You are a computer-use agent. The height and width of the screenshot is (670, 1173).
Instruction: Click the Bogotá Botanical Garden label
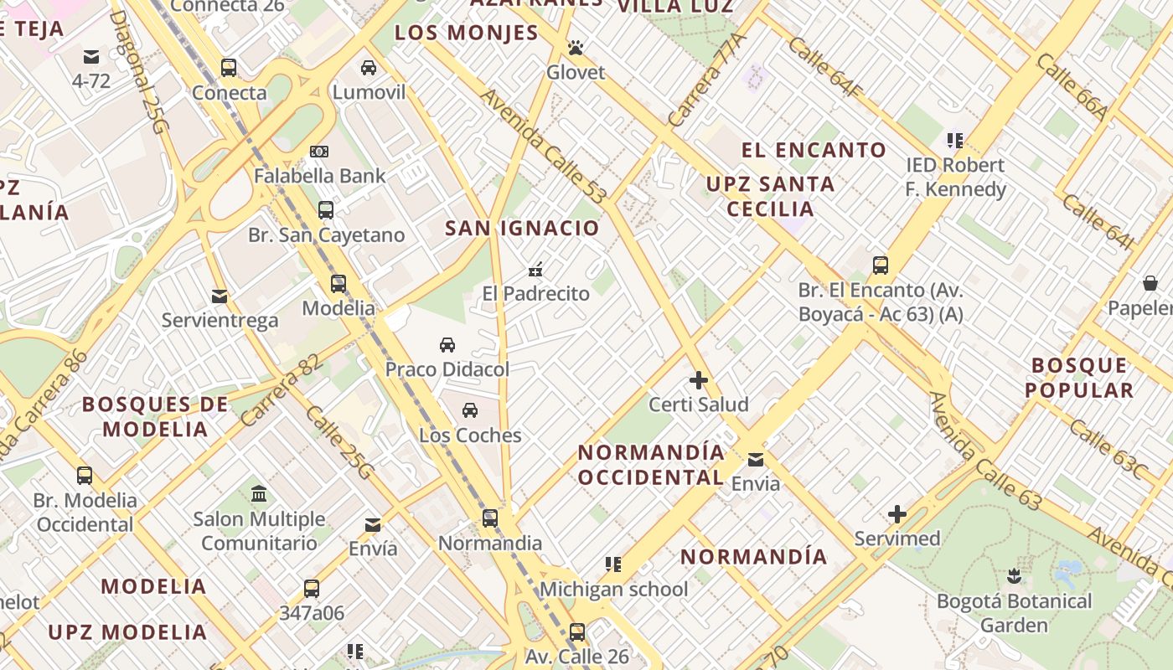(x=1014, y=613)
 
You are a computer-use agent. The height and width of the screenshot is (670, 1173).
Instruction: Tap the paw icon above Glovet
(x=576, y=47)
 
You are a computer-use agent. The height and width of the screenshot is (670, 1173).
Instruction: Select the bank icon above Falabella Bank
(x=318, y=152)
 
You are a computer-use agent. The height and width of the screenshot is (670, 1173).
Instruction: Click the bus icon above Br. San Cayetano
(x=326, y=210)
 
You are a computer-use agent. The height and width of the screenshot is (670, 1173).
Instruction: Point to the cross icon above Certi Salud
(x=698, y=380)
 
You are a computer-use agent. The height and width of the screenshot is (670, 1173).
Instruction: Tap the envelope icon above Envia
(x=756, y=459)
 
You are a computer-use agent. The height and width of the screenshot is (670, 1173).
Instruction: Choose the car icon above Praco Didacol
(x=447, y=344)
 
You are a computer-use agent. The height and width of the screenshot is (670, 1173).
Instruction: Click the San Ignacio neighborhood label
(x=522, y=228)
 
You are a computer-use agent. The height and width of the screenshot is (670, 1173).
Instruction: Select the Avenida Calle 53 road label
(x=543, y=147)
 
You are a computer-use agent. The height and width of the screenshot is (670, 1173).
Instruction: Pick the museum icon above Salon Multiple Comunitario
(x=259, y=494)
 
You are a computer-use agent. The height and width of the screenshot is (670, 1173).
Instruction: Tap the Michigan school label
(x=613, y=589)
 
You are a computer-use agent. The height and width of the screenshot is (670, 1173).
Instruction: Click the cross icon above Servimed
(x=897, y=513)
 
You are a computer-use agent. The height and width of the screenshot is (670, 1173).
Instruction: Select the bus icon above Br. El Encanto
(x=881, y=265)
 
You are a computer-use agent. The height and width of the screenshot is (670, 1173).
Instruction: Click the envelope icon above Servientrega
(x=220, y=296)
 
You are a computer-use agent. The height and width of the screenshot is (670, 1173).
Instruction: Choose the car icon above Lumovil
(x=369, y=67)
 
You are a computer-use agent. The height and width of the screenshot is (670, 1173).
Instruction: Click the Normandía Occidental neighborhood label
(x=651, y=465)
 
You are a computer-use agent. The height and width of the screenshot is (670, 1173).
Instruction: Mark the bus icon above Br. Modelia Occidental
(x=85, y=475)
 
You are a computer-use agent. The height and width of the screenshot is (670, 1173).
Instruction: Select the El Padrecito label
(x=536, y=294)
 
